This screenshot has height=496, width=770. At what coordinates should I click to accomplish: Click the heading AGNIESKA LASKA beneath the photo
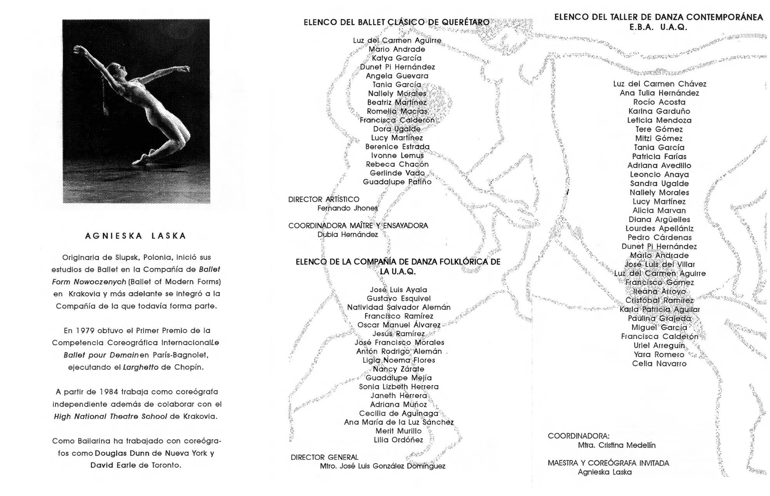(x=136, y=236)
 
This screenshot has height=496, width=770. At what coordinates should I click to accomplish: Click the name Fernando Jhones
(x=347, y=208)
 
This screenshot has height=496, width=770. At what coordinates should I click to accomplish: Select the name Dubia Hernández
(x=347, y=235)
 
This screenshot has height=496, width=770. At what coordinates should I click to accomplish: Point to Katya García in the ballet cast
(x=397, y=58)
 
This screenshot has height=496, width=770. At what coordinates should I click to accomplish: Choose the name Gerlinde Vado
(x=397, y=173)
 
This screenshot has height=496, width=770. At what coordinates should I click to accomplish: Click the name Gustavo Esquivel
(x=399, y=299)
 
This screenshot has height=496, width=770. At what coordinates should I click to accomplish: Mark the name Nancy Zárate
(x=398, y=369)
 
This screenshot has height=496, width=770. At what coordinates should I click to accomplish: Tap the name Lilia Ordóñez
(x=398, y=440)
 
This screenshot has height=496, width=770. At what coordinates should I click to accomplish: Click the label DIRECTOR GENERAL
(x=324, y=457)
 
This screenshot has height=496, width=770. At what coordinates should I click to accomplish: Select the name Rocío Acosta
(x=659, y=102)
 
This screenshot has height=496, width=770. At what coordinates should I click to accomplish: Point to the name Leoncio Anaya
(x=659, y=175)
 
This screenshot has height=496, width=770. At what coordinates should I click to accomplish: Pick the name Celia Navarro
(x=659, y=364)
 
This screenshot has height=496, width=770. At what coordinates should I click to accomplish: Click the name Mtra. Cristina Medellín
(x=616, y=445)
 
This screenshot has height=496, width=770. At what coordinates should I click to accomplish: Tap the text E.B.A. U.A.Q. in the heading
(x=658, y=28)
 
